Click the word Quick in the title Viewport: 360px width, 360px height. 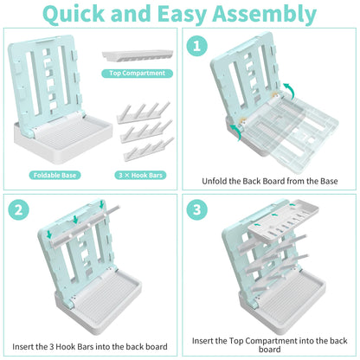coord(74,15)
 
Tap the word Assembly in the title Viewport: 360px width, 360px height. coord(265,15)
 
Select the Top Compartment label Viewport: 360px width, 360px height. coord(137,74)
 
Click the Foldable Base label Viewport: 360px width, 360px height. coord(55,175)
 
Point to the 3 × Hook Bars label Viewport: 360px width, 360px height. coord(140,175)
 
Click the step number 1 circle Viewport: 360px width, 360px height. coord(196,46)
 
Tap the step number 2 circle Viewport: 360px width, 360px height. coord(19,209)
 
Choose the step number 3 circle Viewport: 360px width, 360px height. coord(196,209)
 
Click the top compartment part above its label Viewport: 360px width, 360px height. coord(138,55)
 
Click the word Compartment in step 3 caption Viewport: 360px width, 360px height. coord(271,341)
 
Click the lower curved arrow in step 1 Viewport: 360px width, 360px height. coord(235,132)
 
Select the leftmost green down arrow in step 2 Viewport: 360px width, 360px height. coord(49,234)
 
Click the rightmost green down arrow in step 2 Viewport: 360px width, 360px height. coord(101,205)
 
